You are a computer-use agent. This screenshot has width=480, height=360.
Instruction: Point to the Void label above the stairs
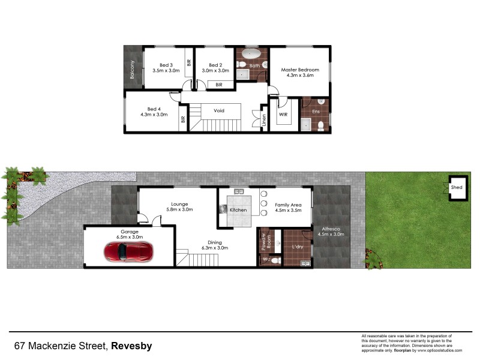(x=219, y=110)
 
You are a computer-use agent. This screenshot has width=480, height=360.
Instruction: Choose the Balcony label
(x=132, y=70)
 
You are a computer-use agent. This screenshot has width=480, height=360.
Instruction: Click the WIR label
(x=283, y=114)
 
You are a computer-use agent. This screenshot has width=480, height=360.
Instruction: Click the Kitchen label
(x=238, y=210)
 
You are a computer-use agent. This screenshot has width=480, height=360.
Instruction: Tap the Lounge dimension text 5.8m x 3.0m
(x=179, y=209)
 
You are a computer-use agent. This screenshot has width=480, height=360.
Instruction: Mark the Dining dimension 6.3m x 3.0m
(x=215, y=247)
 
